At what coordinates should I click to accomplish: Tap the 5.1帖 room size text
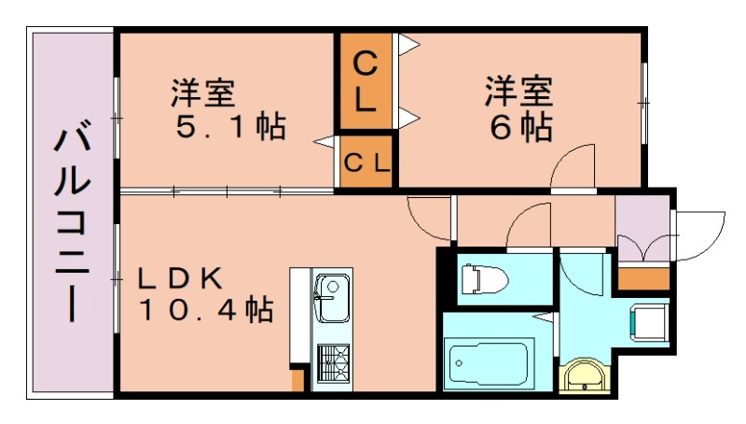click(x=230, y=126)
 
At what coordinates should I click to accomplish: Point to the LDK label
click(x=181, y=277)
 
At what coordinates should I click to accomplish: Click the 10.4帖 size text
click(x=206, y=308)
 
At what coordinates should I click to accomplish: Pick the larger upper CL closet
click(x=366, y=80)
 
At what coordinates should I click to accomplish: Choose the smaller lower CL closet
click(x=366, y=162)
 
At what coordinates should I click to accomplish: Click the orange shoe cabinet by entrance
click(x=643, y=277)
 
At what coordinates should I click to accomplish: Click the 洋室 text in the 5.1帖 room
click(x=202, y=93)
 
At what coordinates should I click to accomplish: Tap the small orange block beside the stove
click(x=297, y=379)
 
